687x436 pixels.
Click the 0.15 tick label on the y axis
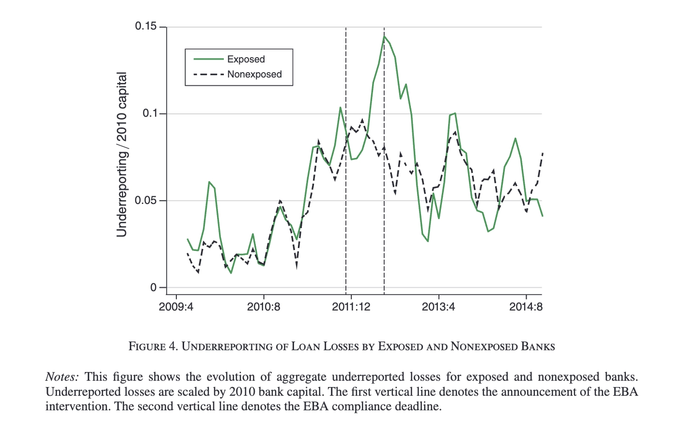pyautogui.click(x=146, y=26)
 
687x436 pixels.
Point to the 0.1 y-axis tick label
pyautogui.click(x=150, y=113)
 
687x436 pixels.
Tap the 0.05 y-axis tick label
pyautogui.click(x=146, y=200)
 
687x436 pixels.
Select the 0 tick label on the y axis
pyautogui.click(x=154, y=287)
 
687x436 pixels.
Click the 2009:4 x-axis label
pyautogui.click(x=176, y=307)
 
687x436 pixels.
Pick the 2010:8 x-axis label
pyautogui.click(x=264, y=307)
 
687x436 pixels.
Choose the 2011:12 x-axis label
pyautogui.click(x=351, y=307)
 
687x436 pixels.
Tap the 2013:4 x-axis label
pyautogui.click(x=438, y=307)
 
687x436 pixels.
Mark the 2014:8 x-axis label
pyautogui.click(x=526, y=307)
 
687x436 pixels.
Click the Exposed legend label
pyautogui.click(x=246, y=59)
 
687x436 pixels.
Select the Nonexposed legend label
pyautogui.click(x=254, y=74)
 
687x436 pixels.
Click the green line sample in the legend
pyautogui.click(x=208, y=59)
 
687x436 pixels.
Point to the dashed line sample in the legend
pyautogui.click(x=208, y=74)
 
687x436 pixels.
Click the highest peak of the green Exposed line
pyautogui.click(x=384, y=36)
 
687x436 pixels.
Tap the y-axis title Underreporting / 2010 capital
pyautogui.click(x=122, y=155)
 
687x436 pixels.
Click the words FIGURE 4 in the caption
pyautogui.click(x=153, y=346)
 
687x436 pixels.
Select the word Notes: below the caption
pyautogui.click(x=62, y=377)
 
